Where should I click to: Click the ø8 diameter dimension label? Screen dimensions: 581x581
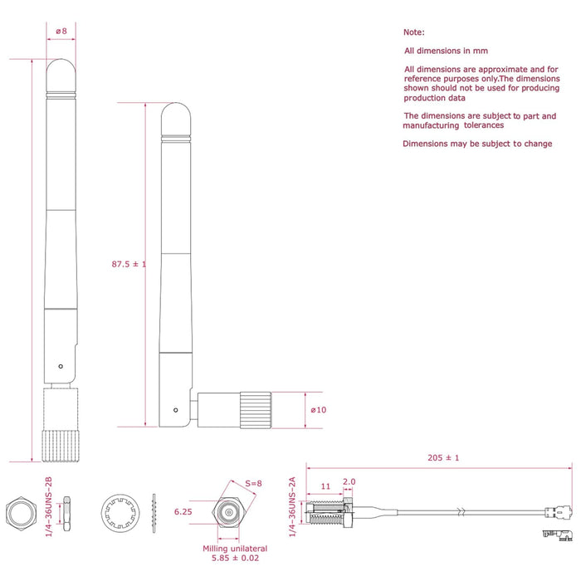pyautogui.click(x=61, y=32)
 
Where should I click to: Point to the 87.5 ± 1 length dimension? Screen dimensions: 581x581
pyautogui.click(x=129, y=264)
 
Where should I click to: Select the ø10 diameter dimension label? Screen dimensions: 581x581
pyautogui.click(x=318, y=410)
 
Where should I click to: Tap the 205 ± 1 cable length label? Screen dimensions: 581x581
pyautogui.click(x=442, y=458)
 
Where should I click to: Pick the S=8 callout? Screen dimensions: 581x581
pyautogui.click(x=252, y=484)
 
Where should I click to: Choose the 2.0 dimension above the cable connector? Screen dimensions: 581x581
pyautogui.click(x=349, y=481)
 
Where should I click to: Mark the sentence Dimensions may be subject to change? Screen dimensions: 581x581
pyautogui.click(x=477, y=144)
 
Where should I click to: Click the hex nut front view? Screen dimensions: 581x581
pyautogui.click(x=18, y=515)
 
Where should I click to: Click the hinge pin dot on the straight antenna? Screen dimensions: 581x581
pyautogui.click(x=61, y=366)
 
